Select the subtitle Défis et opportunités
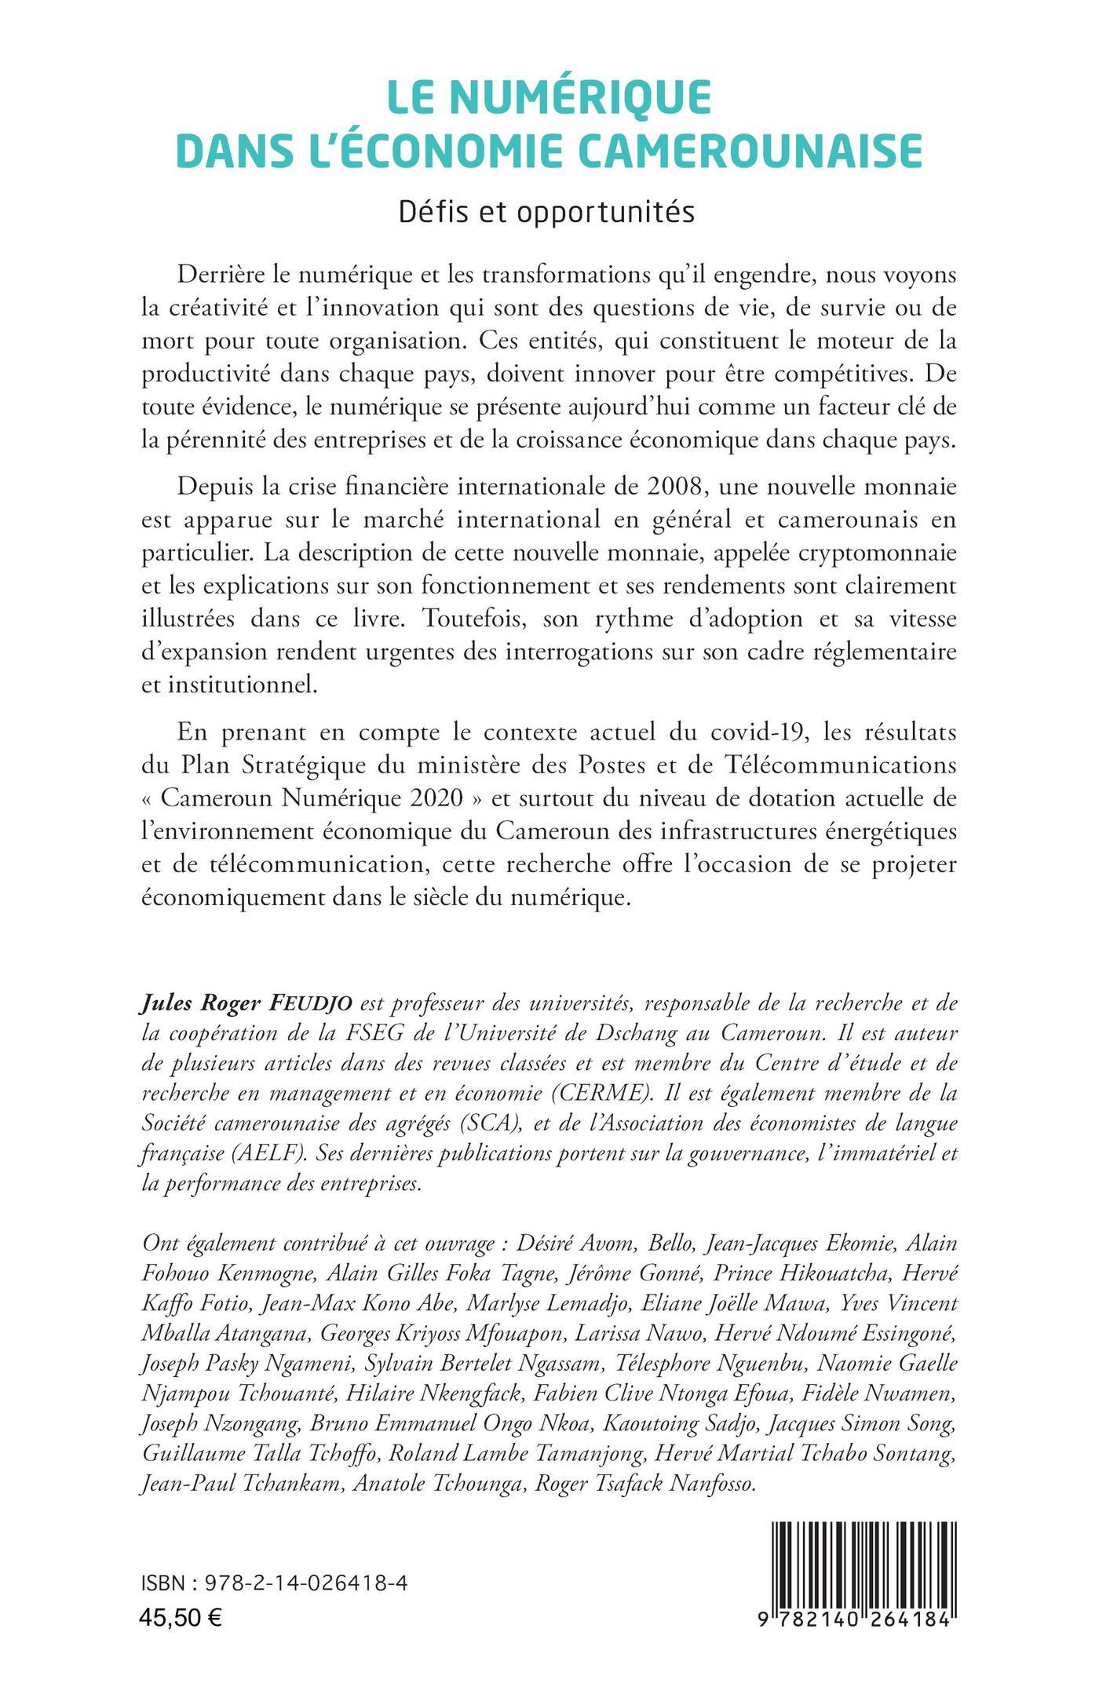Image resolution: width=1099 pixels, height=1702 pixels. (547, 212)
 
